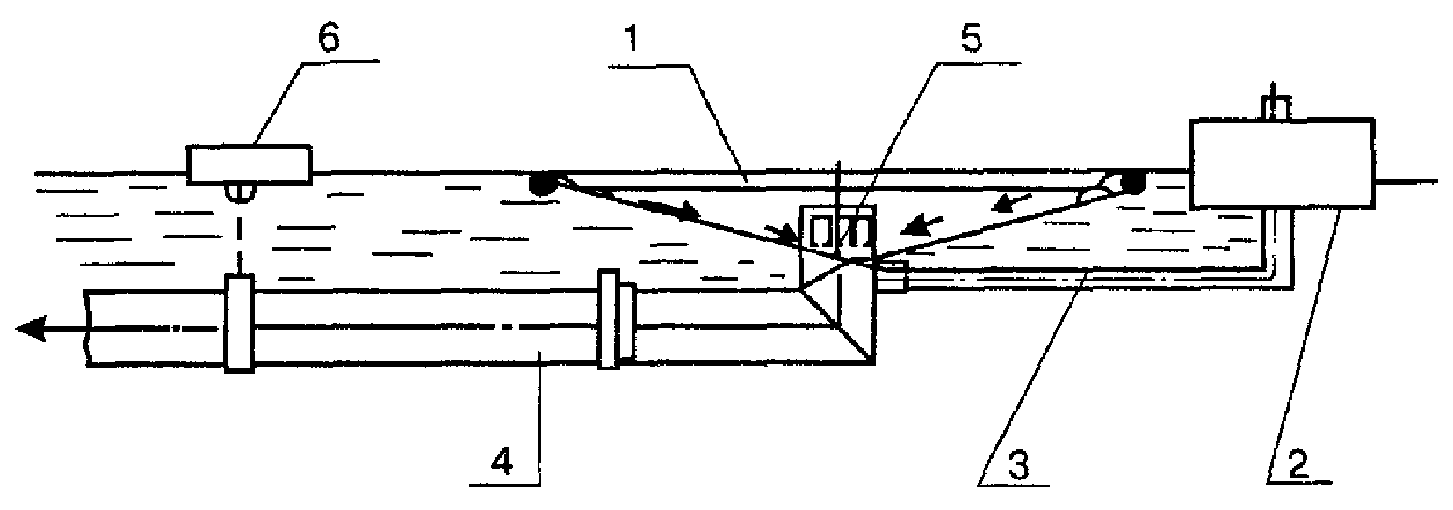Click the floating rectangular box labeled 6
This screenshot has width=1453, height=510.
pos(248,164)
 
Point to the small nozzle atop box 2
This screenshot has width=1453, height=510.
pos(1274,106)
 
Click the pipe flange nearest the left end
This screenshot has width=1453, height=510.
pos(239,323)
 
